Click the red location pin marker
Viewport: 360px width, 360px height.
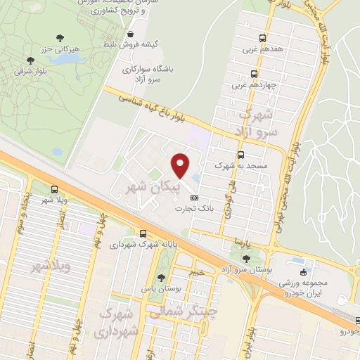click(x=181, y=165)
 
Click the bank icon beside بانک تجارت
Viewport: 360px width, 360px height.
click(x=195, y=198)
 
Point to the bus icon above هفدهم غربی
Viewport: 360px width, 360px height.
click(x=262, y=38)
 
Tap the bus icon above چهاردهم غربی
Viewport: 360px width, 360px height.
click(x=253, y=74)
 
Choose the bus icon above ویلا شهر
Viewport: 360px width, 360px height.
click(x=55, y=188)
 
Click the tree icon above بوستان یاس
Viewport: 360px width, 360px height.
click(x=162, y=278)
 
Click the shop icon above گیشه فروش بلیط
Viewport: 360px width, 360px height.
click(x=130, y=33)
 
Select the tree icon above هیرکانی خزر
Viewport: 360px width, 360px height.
click(x=30, y=60)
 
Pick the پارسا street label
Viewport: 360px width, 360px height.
click(x=243, y=243)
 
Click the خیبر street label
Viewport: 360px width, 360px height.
click(x=199, y=270)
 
